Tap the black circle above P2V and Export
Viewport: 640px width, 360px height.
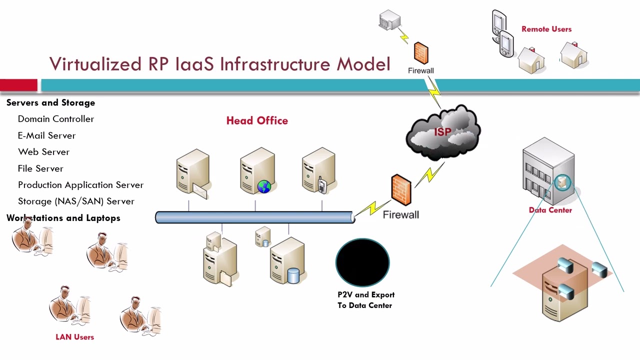362,262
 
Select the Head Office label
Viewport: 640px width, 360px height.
257,120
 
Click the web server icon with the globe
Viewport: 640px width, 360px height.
258,171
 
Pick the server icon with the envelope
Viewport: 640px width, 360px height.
192,172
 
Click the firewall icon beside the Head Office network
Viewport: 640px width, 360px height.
401,189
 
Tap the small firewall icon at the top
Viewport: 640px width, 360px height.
421,53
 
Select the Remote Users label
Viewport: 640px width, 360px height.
546,29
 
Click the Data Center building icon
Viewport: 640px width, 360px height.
548,171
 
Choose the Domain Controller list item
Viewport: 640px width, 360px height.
56,119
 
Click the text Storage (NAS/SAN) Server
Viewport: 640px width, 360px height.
76,201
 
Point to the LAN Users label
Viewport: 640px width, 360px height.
74,337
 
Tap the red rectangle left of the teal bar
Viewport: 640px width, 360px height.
18,85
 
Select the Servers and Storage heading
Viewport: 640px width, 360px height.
50,102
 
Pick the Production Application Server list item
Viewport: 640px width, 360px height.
80,185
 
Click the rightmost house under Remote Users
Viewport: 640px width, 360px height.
574,55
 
